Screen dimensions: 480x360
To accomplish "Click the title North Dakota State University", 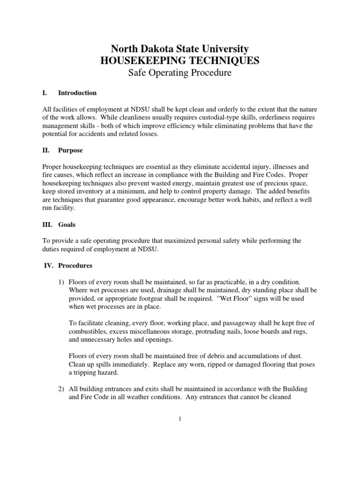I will coord(180,48).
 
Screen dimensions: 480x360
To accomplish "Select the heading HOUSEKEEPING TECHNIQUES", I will coord(180,60).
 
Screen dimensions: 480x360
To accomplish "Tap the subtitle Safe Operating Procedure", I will coord(180,73).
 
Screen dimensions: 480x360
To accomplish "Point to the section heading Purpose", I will coord(71,151).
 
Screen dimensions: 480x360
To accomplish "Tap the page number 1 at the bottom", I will coord(180,419).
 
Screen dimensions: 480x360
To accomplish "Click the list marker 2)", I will coord(61,389).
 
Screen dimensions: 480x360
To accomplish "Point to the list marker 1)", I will coord(61,282).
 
